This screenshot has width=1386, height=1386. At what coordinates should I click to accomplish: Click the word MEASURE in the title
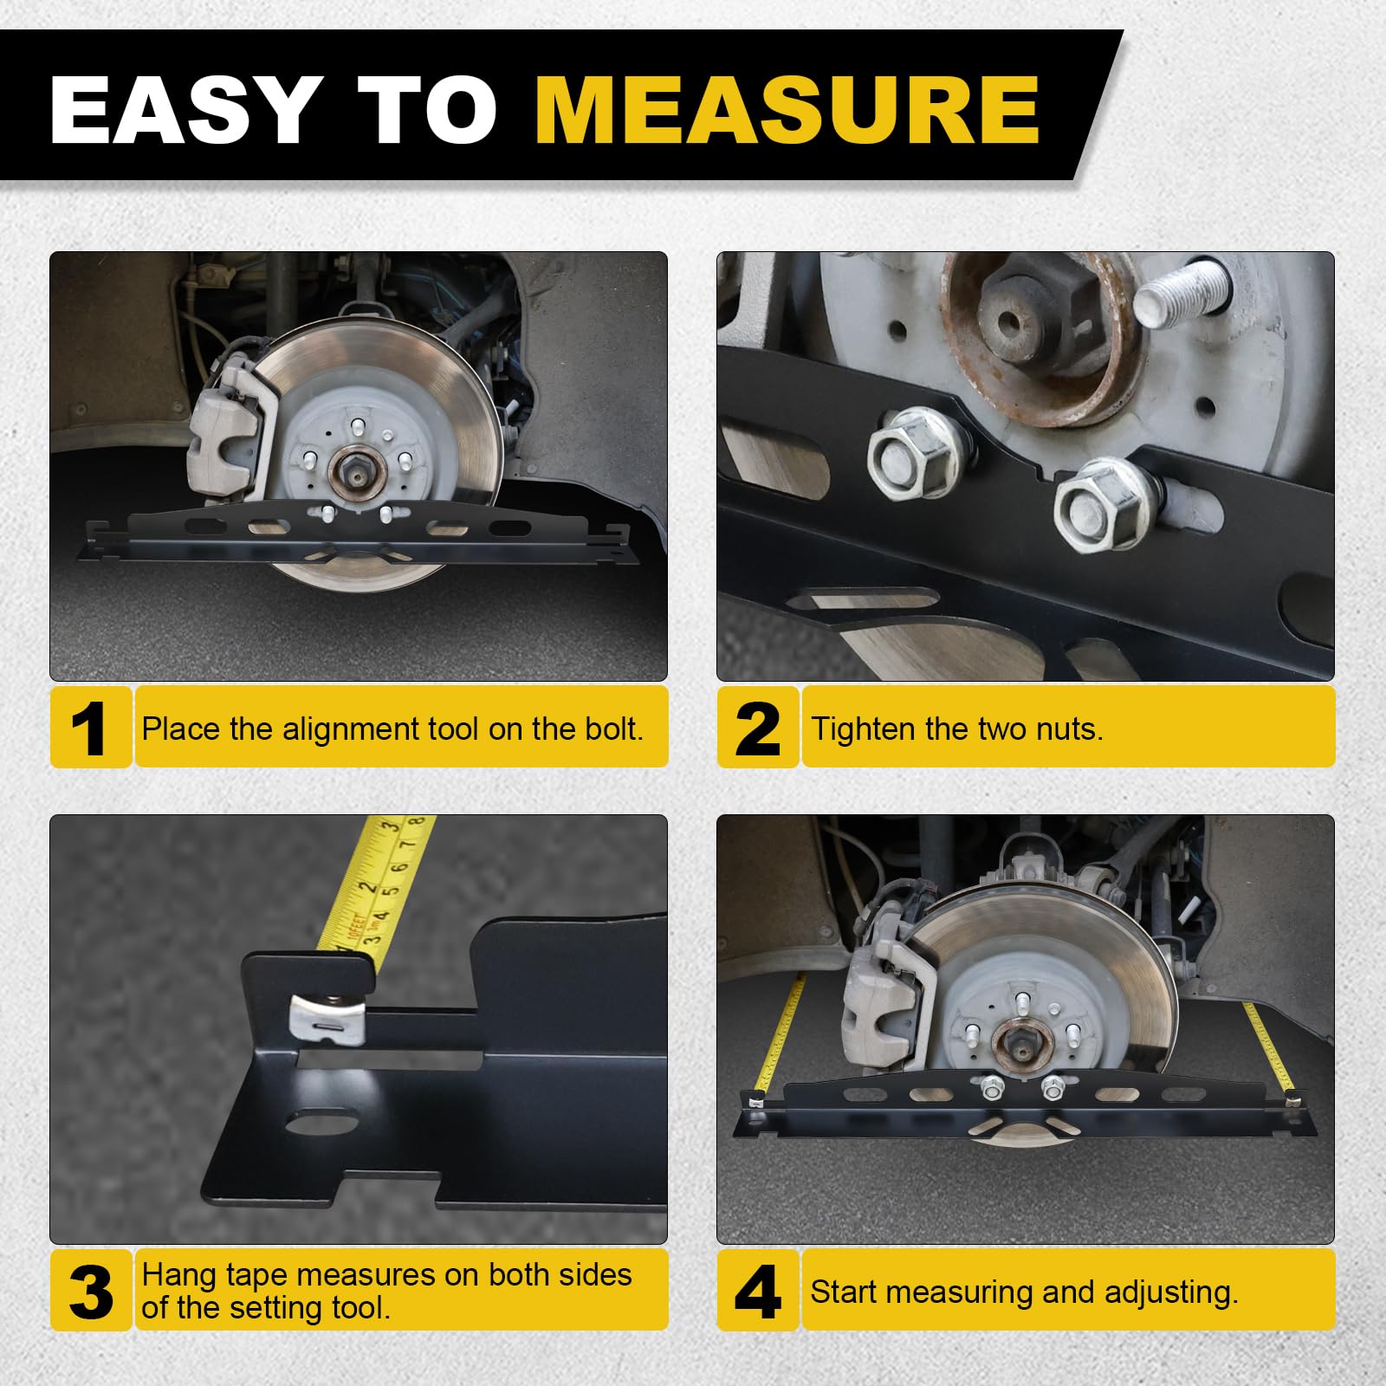[x=787, y=110]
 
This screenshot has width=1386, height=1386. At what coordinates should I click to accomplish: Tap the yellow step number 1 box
[x=90, y=727]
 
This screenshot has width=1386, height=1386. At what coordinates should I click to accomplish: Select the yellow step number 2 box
[x=757, y=727]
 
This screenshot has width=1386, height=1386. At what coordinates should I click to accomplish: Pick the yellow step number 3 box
[x=90, y=1290]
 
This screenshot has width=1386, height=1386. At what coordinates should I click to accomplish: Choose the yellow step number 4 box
[x=757, y=1290]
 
